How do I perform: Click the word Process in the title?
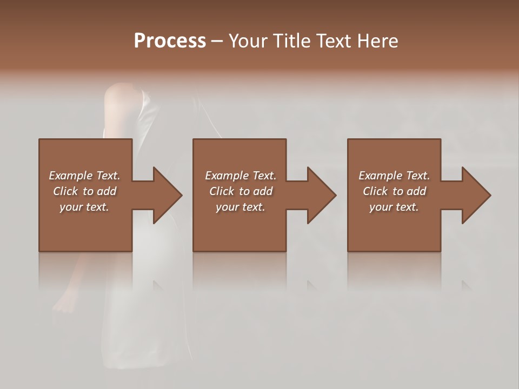click(x=170, y=41)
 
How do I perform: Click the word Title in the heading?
click(x=290, y=41)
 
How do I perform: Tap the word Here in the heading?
click(x=377, y=41)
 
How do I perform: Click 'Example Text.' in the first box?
click(x=84, y=176)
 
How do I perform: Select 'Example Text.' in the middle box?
click(x=241, y=176)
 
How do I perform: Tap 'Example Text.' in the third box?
click(x=394, y=176)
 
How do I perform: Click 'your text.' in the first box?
click(x=84, y=207)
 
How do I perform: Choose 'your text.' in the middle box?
click(x=241, y=207)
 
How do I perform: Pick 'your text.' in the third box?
click(x=394, y=207)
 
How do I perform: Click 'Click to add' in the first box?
click(x=84, y=191)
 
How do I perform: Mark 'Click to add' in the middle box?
click(x=241, y=191)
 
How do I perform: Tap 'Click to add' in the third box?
click(x=394, y=191)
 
